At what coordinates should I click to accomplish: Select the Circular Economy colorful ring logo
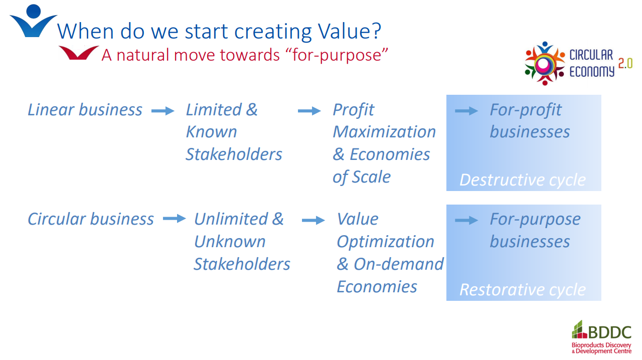click(x=544, y=64)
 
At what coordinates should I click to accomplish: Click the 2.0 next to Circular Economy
click(x=625, y=63)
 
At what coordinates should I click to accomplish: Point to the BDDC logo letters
click(x=609, y=332)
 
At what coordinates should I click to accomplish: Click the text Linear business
click(x=85, y=109)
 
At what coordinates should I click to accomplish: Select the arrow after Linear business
click(x=163, y=111)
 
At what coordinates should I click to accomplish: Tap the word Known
click(x=211, y=132)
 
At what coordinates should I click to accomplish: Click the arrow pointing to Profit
click(x=309, y=111)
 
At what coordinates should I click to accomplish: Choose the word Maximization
click(x=384, y=132)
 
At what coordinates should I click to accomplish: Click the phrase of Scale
click(x=362, y=177)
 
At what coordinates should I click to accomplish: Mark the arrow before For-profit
click(x=466, y=111)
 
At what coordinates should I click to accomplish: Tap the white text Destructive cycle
click(x=523, y=180)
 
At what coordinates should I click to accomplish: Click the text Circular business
click(x=91, y=219)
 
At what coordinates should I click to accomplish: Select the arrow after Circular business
click(x=174, y=219)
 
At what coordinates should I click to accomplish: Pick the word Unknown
click(x=230, y=241)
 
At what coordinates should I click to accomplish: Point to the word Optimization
click(x=386, y=242)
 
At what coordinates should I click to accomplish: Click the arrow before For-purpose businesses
click(x=466, y=221)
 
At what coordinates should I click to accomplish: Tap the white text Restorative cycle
click(x=523, y=289)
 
